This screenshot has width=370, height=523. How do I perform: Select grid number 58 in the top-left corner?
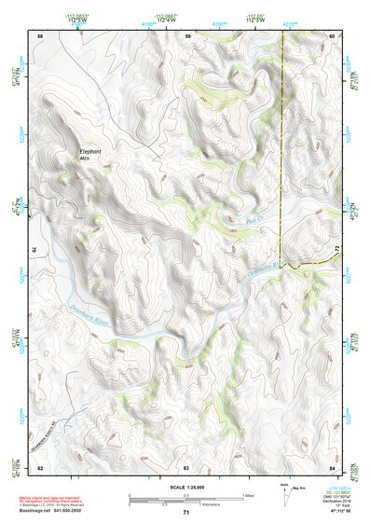40,35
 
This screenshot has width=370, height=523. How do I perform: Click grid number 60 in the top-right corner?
333,35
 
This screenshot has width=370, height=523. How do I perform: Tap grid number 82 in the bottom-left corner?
40,466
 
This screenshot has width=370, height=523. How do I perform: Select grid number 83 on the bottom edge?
186,466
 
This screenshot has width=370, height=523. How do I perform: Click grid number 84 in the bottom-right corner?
333,466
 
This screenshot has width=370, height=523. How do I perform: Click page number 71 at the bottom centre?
186,513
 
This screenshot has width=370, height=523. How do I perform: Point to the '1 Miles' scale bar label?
247,494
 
